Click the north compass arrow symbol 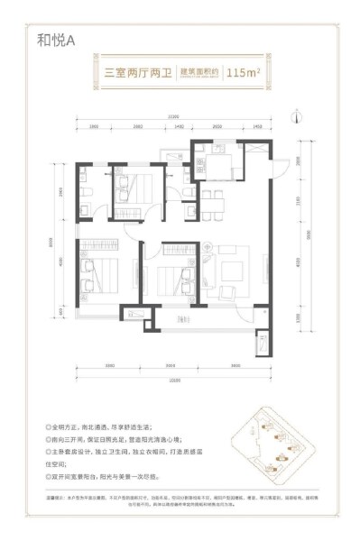[x=296, y=115]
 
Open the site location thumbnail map [x=274, y=452]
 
